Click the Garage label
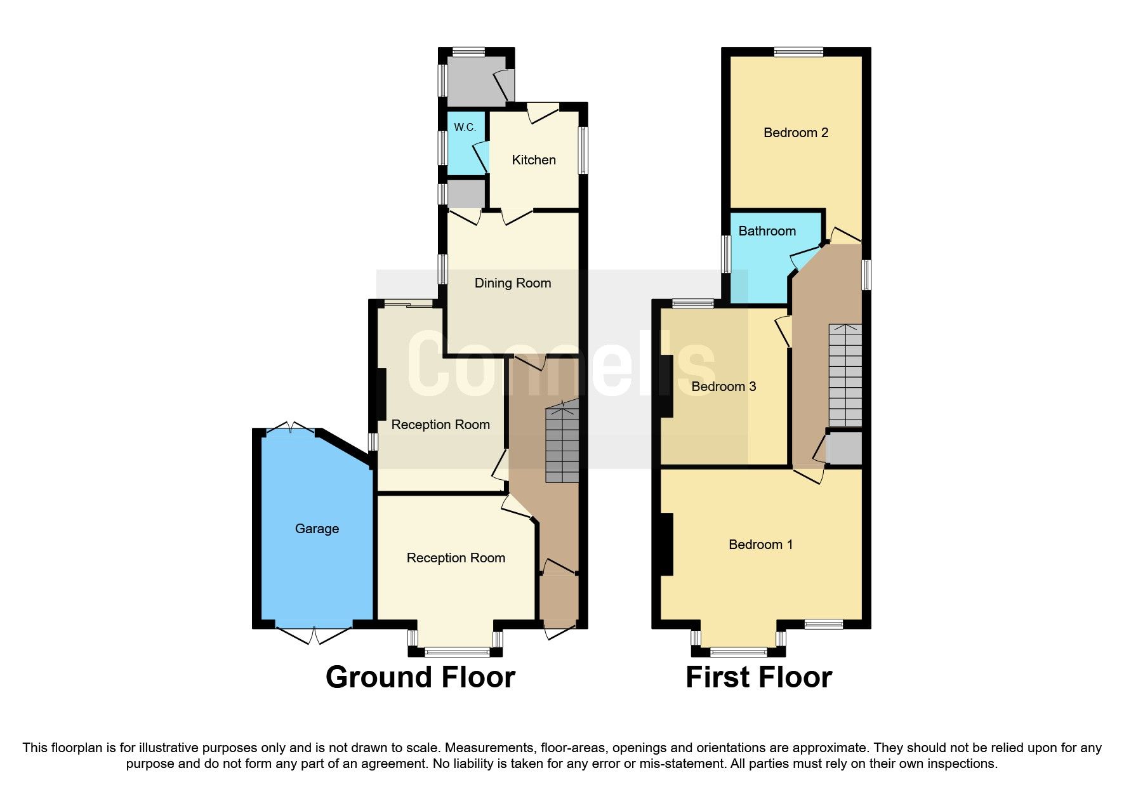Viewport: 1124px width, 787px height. pyautogui.click(x=317, y=529)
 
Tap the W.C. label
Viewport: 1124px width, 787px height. pyautogui.click(x=465, y=127)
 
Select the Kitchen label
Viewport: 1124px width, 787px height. pyautogui.click(x=534, y=160)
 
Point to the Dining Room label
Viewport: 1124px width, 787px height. pyautogui.click(x=513, y=283)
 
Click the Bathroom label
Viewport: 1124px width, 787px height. pyautogui.click(x=767, y=231)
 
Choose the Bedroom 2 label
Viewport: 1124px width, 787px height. pyautogui.click(x=796, y=133)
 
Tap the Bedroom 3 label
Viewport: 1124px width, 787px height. pyautogui.click(x=724, y=387)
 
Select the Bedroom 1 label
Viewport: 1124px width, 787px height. pyautogui.click(x=760, y=545)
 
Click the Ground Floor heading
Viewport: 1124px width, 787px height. pyautogui.click(x=420, y=677)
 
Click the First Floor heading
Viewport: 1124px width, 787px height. pyautogui.click(x=758, y=677)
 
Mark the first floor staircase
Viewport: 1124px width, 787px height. pyautogui.click(x=845, y=374)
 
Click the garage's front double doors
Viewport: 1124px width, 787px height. pyautogui.click(x=314, y=633)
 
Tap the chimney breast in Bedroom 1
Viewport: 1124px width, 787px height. pyautogui.click(x=666, y=544)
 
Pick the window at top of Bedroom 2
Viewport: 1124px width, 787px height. pyautogui.click(x=798, y=52)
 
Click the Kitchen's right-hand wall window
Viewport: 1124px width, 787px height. pyautogui.click(x=583, y=150)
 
